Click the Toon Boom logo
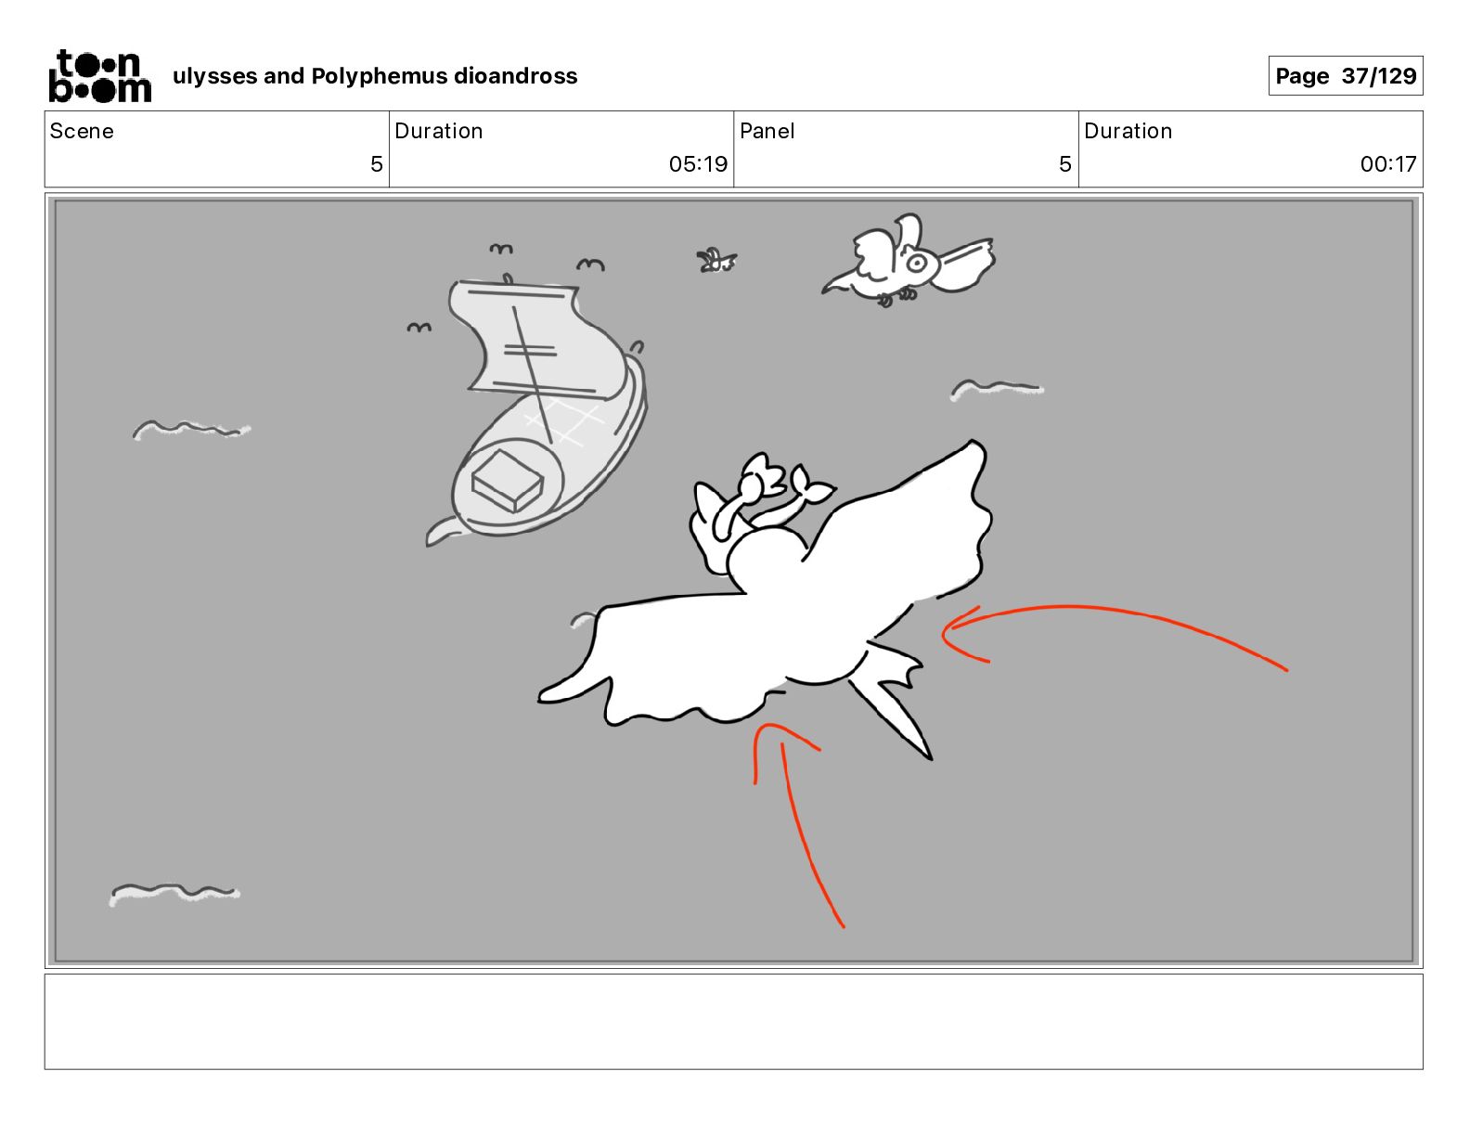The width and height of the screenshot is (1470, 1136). pos(100,76)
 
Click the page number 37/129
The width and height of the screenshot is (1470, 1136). pos(1379,76)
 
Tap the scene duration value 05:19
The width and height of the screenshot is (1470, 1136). pos(698,163)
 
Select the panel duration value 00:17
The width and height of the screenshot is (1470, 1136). pos(1388,163)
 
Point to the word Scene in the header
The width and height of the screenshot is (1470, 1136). pos(82,131)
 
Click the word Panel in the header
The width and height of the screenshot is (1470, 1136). pos(767,131)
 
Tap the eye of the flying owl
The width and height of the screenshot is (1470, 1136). pos(916,263)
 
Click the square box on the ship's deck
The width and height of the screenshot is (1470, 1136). pos(507,481)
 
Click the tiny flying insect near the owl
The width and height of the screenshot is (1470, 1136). pos(716,261)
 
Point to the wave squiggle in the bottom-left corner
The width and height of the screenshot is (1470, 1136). pos(174,893)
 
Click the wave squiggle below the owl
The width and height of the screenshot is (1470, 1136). pos(997,389)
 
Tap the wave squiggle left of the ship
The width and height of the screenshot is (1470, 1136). pos(191,430)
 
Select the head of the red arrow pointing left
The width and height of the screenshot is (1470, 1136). pos(957,634)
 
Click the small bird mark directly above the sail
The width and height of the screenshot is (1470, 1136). pos(500,249)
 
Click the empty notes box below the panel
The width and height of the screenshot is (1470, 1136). pos(734,1022)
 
